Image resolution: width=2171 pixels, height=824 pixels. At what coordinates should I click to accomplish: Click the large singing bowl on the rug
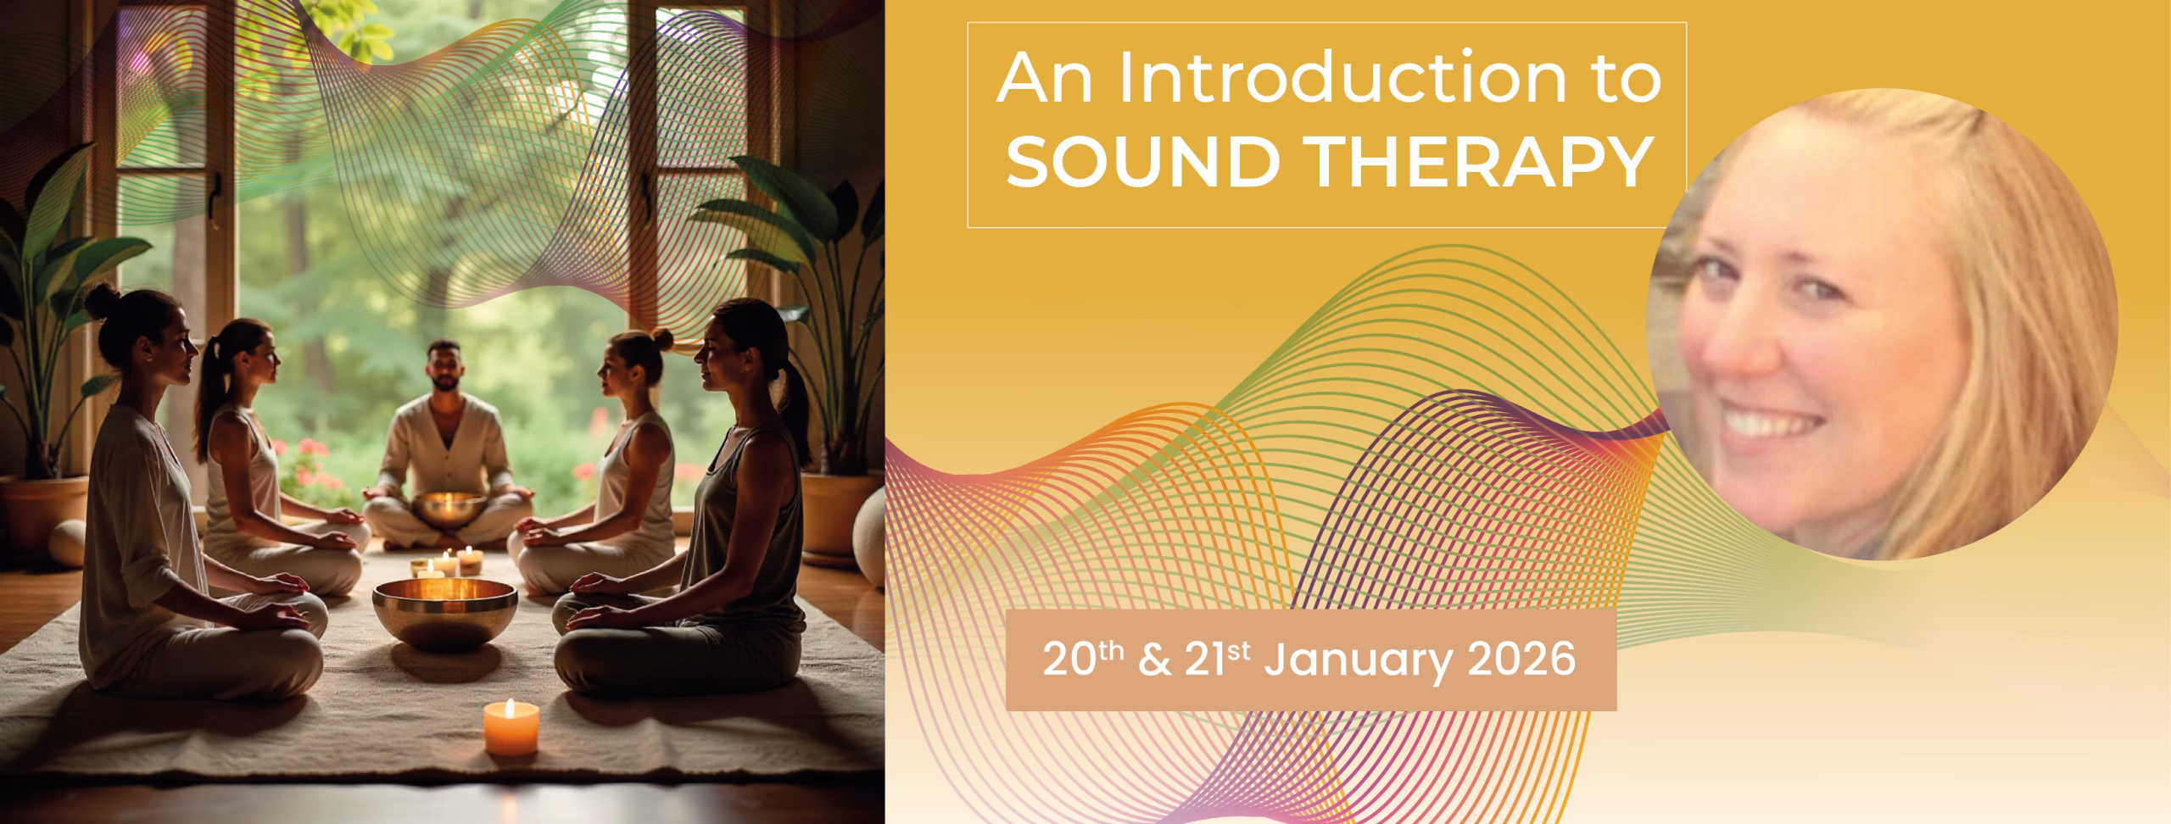coord(445,612)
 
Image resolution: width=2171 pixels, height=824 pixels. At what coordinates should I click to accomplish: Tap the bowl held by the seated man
coord(449,507)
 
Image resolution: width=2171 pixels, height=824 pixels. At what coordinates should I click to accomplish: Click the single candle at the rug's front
coord(511,727)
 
